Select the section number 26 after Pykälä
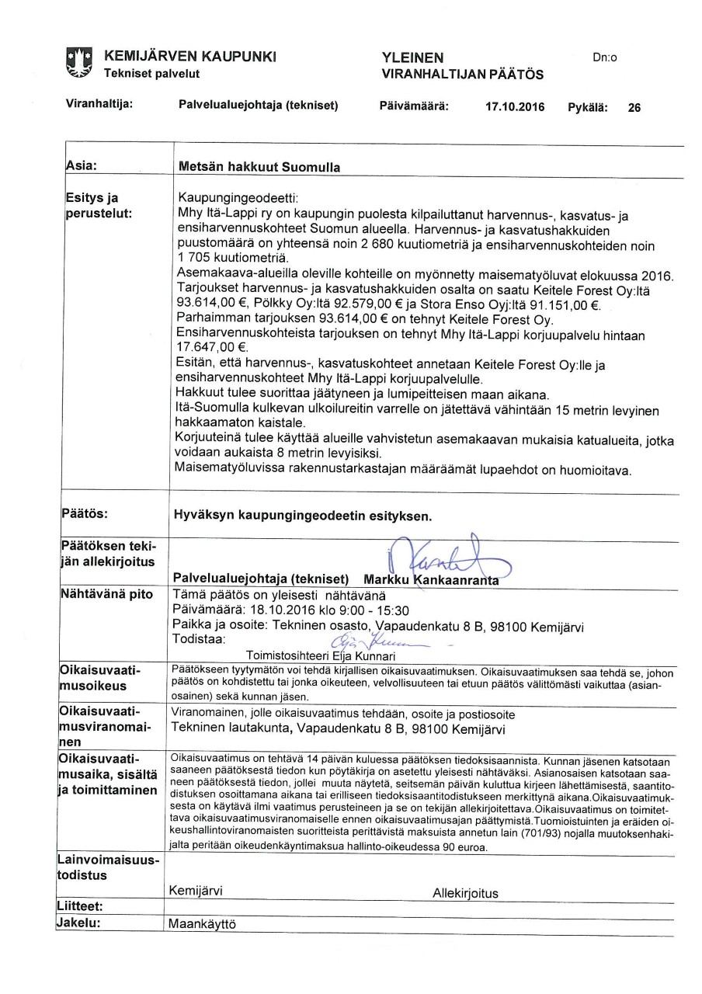[634, 108]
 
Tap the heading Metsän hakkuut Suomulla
[259, 166]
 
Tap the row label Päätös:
[85, 513]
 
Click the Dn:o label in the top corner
[603, 57]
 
